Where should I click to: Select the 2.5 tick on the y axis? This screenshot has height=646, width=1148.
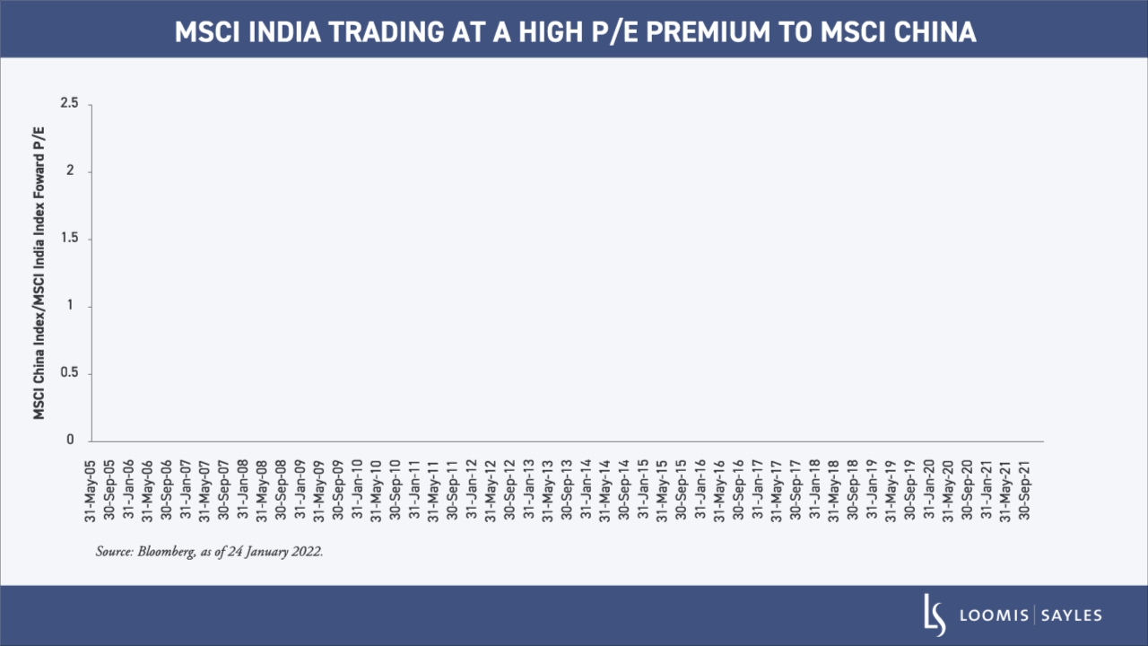pos(71,104)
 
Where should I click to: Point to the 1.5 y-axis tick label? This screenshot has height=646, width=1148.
pos(71,239)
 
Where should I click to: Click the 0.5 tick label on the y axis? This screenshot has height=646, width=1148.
pos(71,373)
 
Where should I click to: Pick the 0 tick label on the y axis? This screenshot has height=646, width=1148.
pos(70,441)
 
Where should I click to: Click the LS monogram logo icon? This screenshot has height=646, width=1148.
pos(935,615)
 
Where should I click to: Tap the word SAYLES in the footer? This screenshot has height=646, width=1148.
pos(1073,615)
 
